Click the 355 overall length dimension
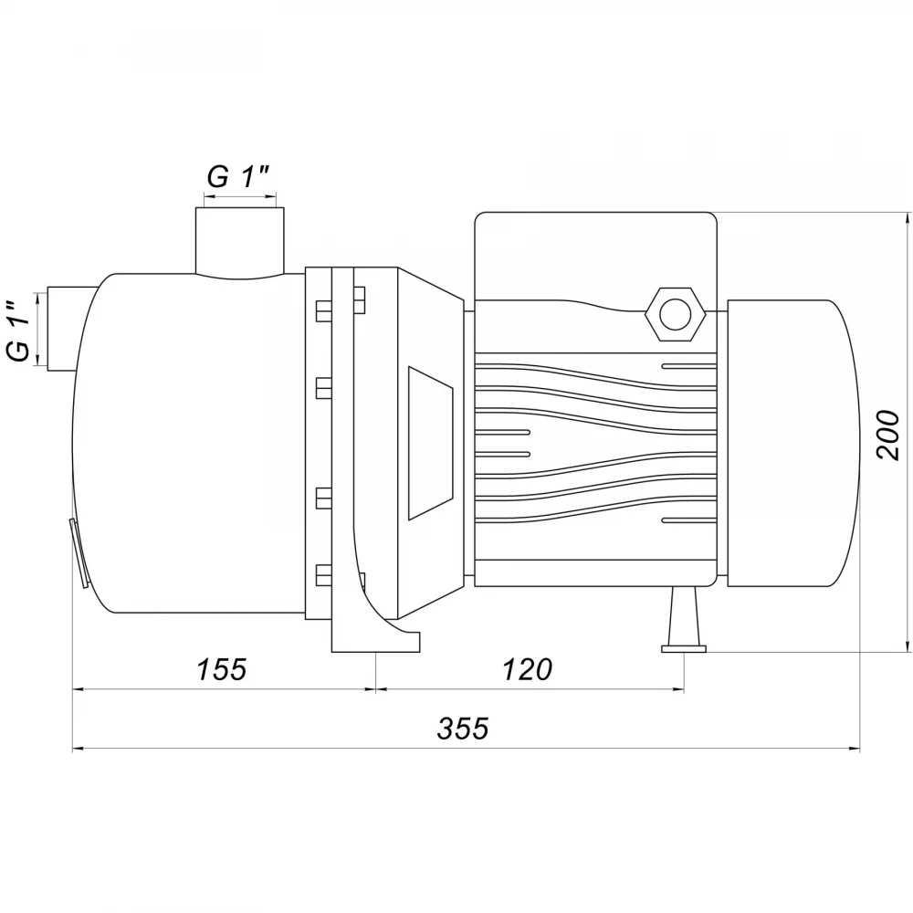[x=463, y=729]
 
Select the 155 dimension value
[x=222, y=669]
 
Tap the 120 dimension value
[x=527, y=669]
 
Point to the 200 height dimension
[x=888, y=435]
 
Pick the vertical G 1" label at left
[x=19, y=331]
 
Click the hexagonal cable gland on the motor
[x=675, y=314]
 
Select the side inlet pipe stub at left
[x=70, y=329]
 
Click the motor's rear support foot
[x=684, y=619]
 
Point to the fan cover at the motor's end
[x=792, y=443]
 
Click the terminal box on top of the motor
[x=595, y=257]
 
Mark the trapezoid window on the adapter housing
[x=431, y=443]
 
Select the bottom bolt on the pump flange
[x=324, y=574]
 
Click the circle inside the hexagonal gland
[x=675, y=314]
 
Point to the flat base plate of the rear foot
[x=684, y=648]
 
